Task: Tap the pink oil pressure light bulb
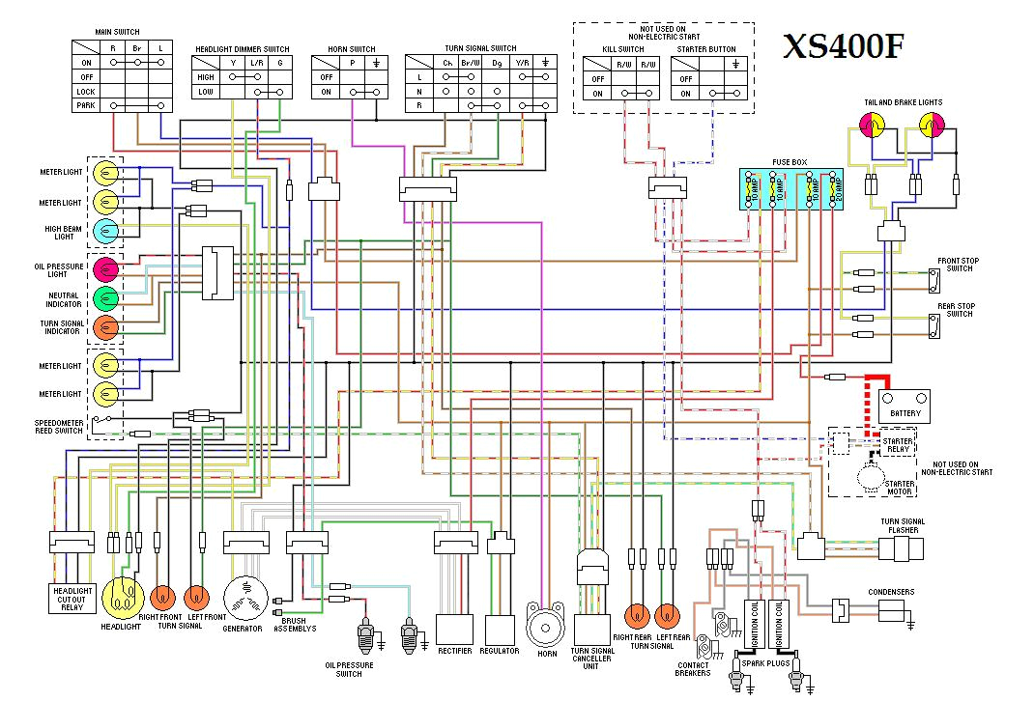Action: pos(105,267)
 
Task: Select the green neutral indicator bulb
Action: pos(105,296)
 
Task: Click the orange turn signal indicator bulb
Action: pos(105,325)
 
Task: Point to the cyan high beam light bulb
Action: pos(105,230)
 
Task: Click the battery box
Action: pos(905,406)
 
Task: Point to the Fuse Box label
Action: pos(789,161)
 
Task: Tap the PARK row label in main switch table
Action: pos(86,104)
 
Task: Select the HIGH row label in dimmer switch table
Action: pos(205,77)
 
